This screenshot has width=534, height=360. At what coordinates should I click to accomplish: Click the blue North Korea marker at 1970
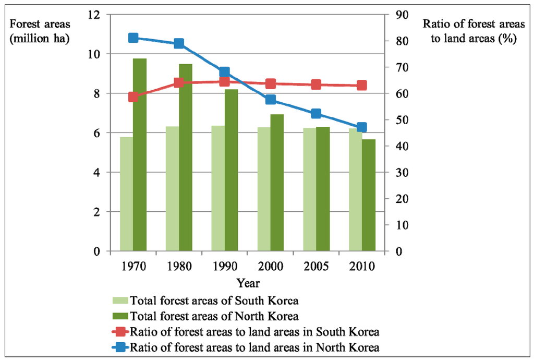(x=133, y=38)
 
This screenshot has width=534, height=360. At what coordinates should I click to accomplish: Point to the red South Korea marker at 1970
(x=133, y=97)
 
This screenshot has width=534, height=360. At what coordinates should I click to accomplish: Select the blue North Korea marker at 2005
(x=316, y=114)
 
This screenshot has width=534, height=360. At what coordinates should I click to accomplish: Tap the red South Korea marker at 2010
(x=362, y=86)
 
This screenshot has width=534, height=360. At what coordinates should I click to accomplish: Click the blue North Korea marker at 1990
(x=225, y=72)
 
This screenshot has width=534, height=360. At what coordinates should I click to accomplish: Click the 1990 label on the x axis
(x=224, y=266)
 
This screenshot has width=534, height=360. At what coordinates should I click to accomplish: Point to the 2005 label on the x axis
(x=316, y=266)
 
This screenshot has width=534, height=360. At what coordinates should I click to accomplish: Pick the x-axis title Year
(x=247, y=283)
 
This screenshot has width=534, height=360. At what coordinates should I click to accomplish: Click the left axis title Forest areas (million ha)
(x=40, y=31)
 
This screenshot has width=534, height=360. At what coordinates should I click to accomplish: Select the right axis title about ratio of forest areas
(x=469, y=31)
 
